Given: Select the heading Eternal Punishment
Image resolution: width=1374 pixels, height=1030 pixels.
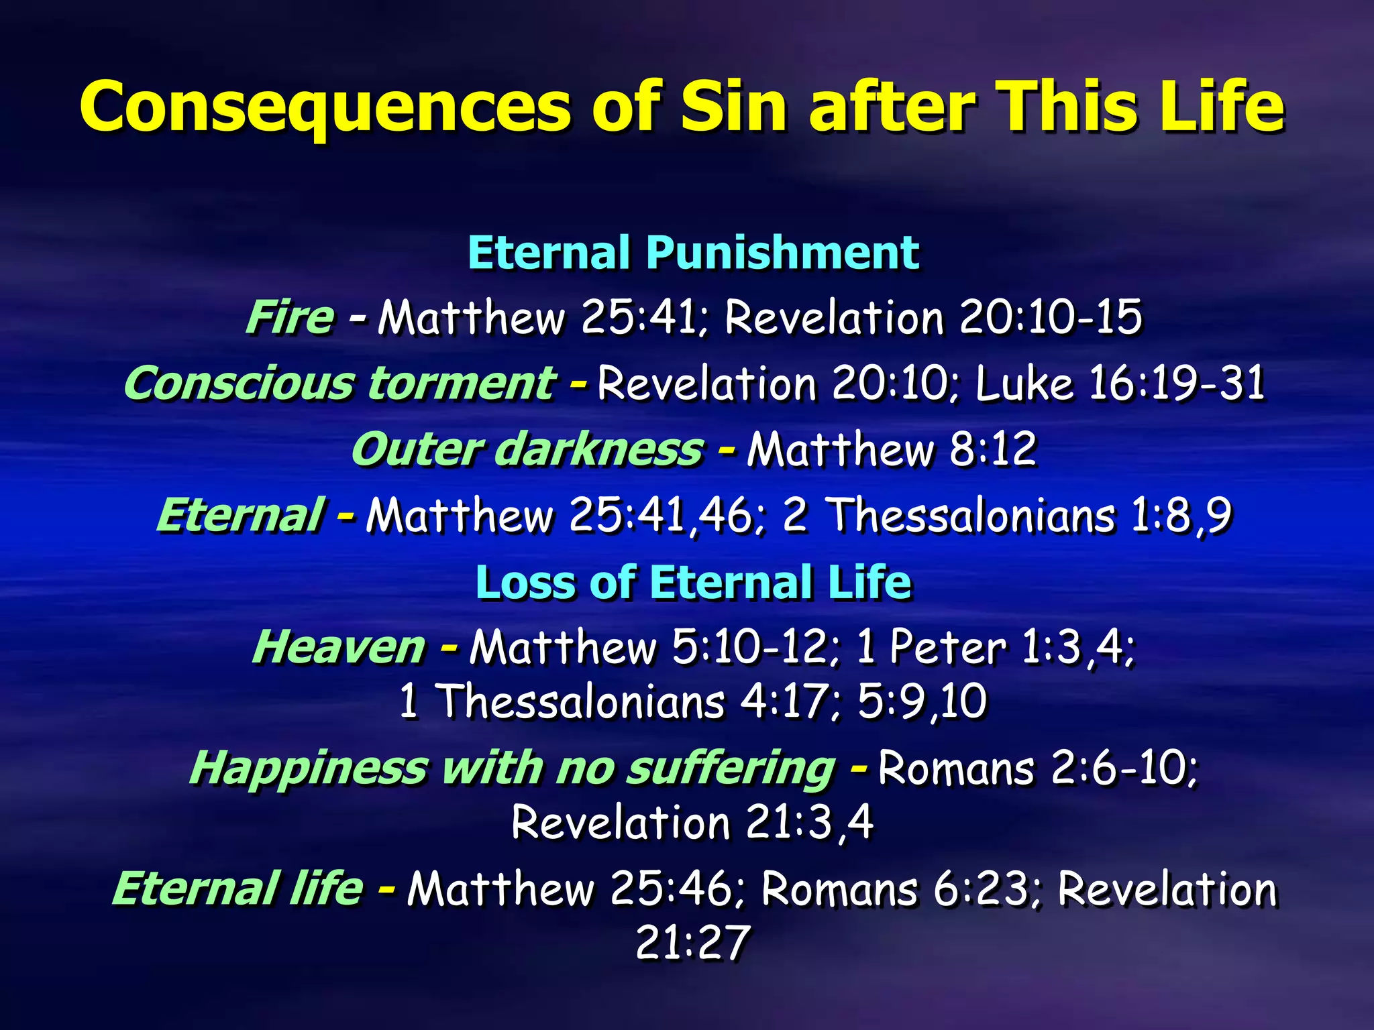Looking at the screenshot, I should tap(693, 253).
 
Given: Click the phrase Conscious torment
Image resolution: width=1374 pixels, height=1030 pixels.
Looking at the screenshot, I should tap(339, 383).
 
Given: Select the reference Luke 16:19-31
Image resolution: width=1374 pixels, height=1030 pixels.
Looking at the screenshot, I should tap(1119, 383).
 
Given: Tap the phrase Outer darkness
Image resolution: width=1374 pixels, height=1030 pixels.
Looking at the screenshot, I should tap(527, 449).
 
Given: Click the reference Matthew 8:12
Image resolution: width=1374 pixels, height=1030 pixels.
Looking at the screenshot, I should tap(892, 449).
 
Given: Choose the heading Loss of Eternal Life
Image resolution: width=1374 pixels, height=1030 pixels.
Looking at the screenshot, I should tap(693, 581).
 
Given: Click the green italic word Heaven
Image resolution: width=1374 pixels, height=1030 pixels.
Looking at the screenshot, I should tap(339, 647).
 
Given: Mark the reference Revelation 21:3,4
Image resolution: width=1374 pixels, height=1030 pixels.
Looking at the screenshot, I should tap(692, 822).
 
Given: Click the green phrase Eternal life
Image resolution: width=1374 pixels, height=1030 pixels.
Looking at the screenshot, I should tap(237, 889).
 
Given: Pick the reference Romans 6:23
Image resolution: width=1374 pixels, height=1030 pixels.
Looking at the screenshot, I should tap(899, 889).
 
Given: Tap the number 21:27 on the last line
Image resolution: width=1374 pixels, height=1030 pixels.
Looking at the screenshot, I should tap(692, 942).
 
